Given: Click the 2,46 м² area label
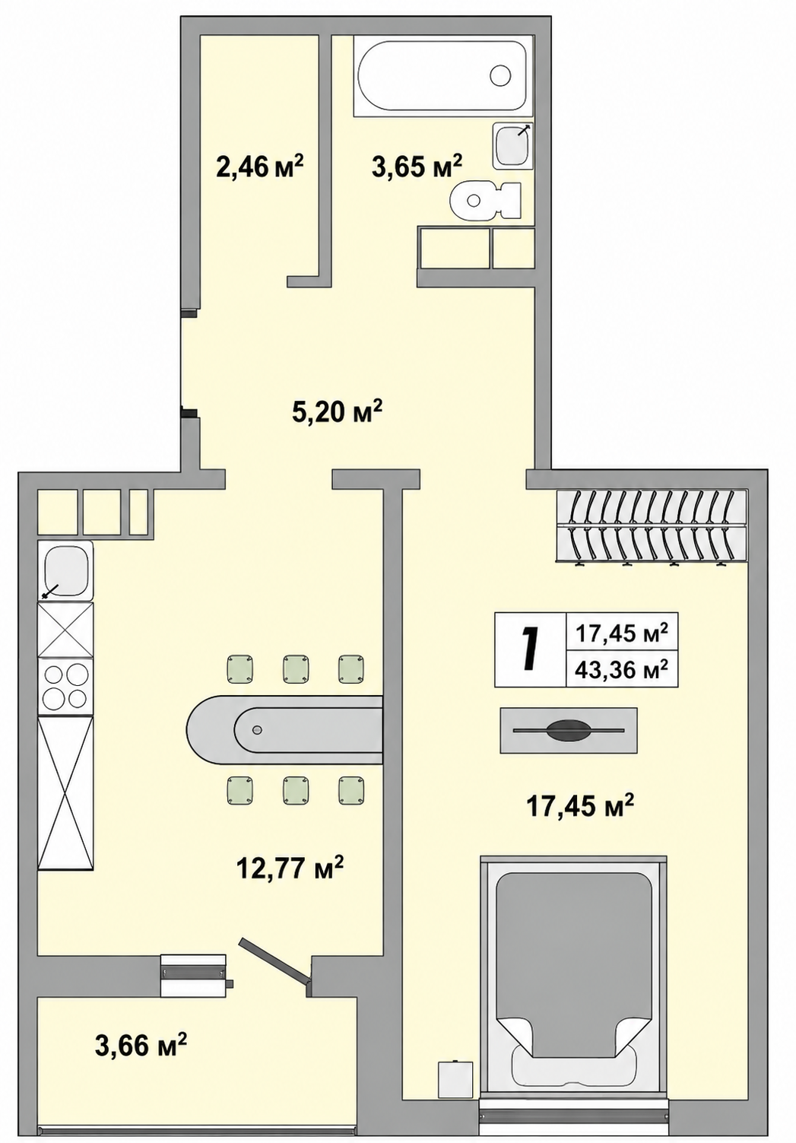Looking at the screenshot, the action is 260,167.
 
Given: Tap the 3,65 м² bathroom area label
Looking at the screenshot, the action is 417,167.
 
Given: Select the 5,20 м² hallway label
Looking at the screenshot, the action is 337,411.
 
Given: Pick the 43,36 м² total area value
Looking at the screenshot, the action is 621,668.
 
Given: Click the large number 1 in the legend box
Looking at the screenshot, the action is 531,649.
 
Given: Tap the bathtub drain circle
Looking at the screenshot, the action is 500,76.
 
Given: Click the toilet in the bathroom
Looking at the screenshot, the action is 485,200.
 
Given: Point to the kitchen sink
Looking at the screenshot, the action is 66,570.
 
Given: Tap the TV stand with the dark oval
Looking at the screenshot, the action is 569,730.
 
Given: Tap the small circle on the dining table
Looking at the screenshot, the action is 258,730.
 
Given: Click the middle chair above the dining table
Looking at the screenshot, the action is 296,668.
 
